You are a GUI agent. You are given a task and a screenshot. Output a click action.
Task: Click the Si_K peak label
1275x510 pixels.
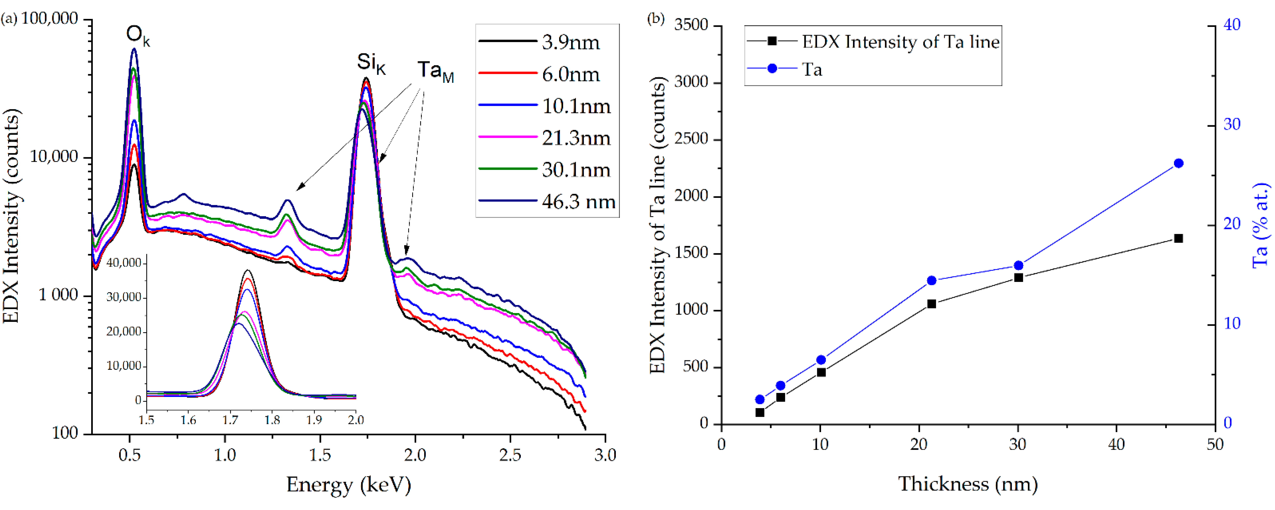pos(371,63)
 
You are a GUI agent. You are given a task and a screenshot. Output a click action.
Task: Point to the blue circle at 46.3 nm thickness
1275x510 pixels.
pos(1179,163)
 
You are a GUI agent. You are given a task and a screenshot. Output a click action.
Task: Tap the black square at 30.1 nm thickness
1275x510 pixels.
pos(1019,278)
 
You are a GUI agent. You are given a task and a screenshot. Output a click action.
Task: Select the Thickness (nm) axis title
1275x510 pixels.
pos(968,484)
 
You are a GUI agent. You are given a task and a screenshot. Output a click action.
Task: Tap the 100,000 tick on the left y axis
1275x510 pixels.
pos(50,19)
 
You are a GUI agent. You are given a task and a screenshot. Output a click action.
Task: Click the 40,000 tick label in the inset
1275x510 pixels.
pos(124,263)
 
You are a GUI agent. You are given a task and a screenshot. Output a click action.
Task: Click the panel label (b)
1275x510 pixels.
pos(656,19)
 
